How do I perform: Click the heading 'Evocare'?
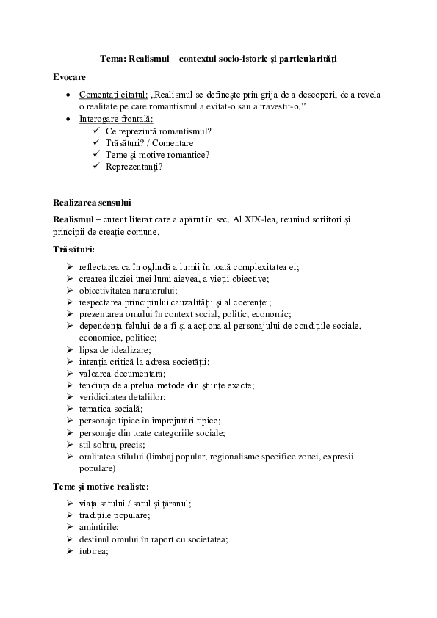pos(70,76)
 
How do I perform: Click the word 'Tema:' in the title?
pos(113,58)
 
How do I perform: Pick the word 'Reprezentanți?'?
pos(134,167)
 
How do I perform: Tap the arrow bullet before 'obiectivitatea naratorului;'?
pos(69,291)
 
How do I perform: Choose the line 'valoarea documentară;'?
pos(120,373)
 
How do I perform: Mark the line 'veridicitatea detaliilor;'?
pos(122,396)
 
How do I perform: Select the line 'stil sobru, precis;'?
pos(112,444)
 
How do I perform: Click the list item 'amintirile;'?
pos(98,527)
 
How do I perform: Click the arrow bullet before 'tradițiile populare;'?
pos(69,515)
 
